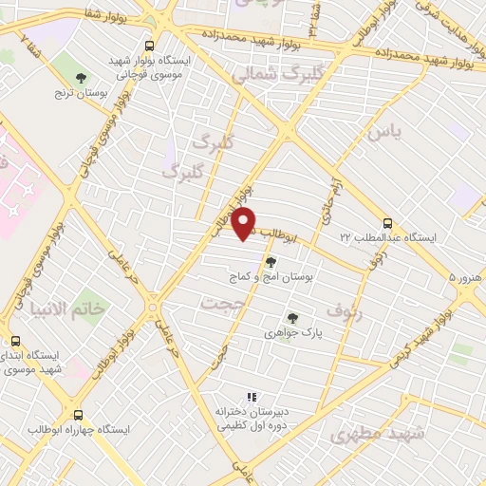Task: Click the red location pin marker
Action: pyautogui.click(x=245, y=224)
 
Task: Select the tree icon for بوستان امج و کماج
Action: pyautogui.click(x=271, y=262)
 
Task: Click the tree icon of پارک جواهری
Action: pyautogui.click(x=291, y=319)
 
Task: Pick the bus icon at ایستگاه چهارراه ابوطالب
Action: pyautogui.click(x=78, y=415)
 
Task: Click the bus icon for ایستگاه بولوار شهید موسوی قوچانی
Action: pyautogui.click(x=148, y=45)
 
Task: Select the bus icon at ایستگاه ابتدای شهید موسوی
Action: pyautogui.click(x=14, y=341)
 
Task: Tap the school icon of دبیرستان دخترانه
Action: pyautogui.click(x=252, y=398)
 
